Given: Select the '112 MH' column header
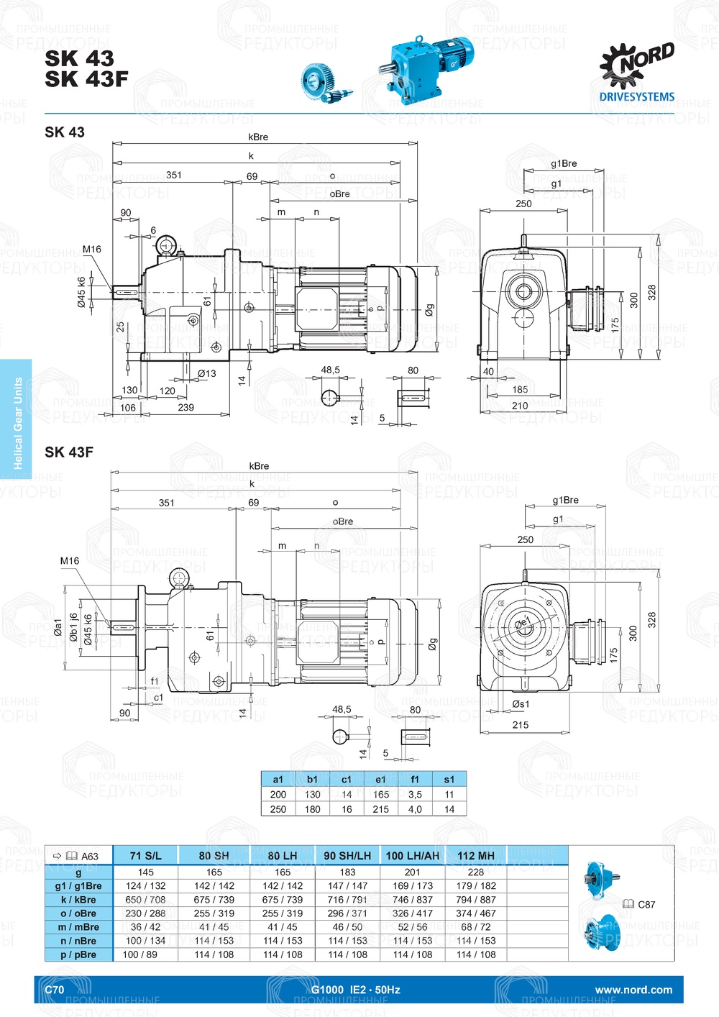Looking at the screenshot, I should click(476, 856).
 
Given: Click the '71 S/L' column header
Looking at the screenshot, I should click(145, 856).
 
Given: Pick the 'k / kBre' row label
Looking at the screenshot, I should click(78, 900).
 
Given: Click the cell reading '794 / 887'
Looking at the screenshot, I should click(476, 900).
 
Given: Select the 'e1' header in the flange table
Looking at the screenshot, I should click(380, 779).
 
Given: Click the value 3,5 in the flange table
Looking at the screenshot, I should click(415, 795).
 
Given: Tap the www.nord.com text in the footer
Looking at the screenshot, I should click(633, 990).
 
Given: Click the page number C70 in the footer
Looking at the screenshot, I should click(55, 990).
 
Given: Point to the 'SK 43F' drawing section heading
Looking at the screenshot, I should click(69, 452).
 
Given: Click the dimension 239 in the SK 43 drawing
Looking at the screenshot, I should click(186, 408).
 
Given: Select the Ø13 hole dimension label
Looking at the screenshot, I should click(207, 373).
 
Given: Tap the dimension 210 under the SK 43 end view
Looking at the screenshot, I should click(520, 406).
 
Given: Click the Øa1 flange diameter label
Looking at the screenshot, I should click(58, 626).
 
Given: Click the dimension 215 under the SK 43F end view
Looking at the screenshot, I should click(521, 725).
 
